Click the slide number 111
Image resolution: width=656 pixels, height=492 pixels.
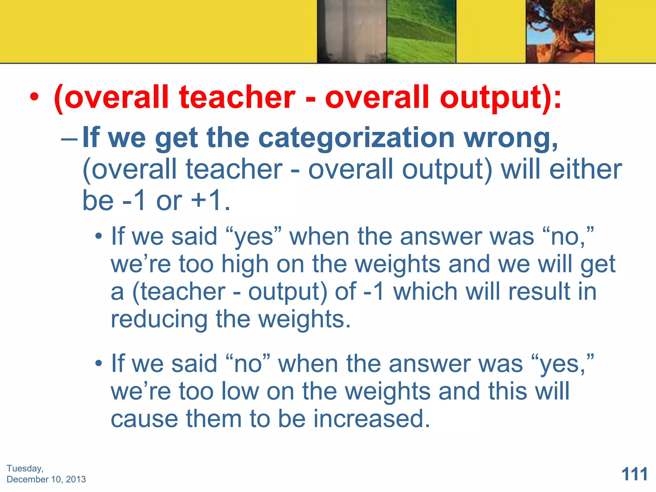pos(634,474)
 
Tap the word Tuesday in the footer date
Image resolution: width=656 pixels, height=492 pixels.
pos(25,468)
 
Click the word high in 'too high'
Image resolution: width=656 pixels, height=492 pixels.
pos(245,265)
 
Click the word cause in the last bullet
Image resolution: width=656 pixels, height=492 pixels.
pos(144,419)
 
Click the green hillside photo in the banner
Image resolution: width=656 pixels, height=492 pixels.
pos(421,31)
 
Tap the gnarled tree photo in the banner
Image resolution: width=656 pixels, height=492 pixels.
pos(560,31)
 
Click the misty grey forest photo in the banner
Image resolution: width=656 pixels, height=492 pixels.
pos(352,31)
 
